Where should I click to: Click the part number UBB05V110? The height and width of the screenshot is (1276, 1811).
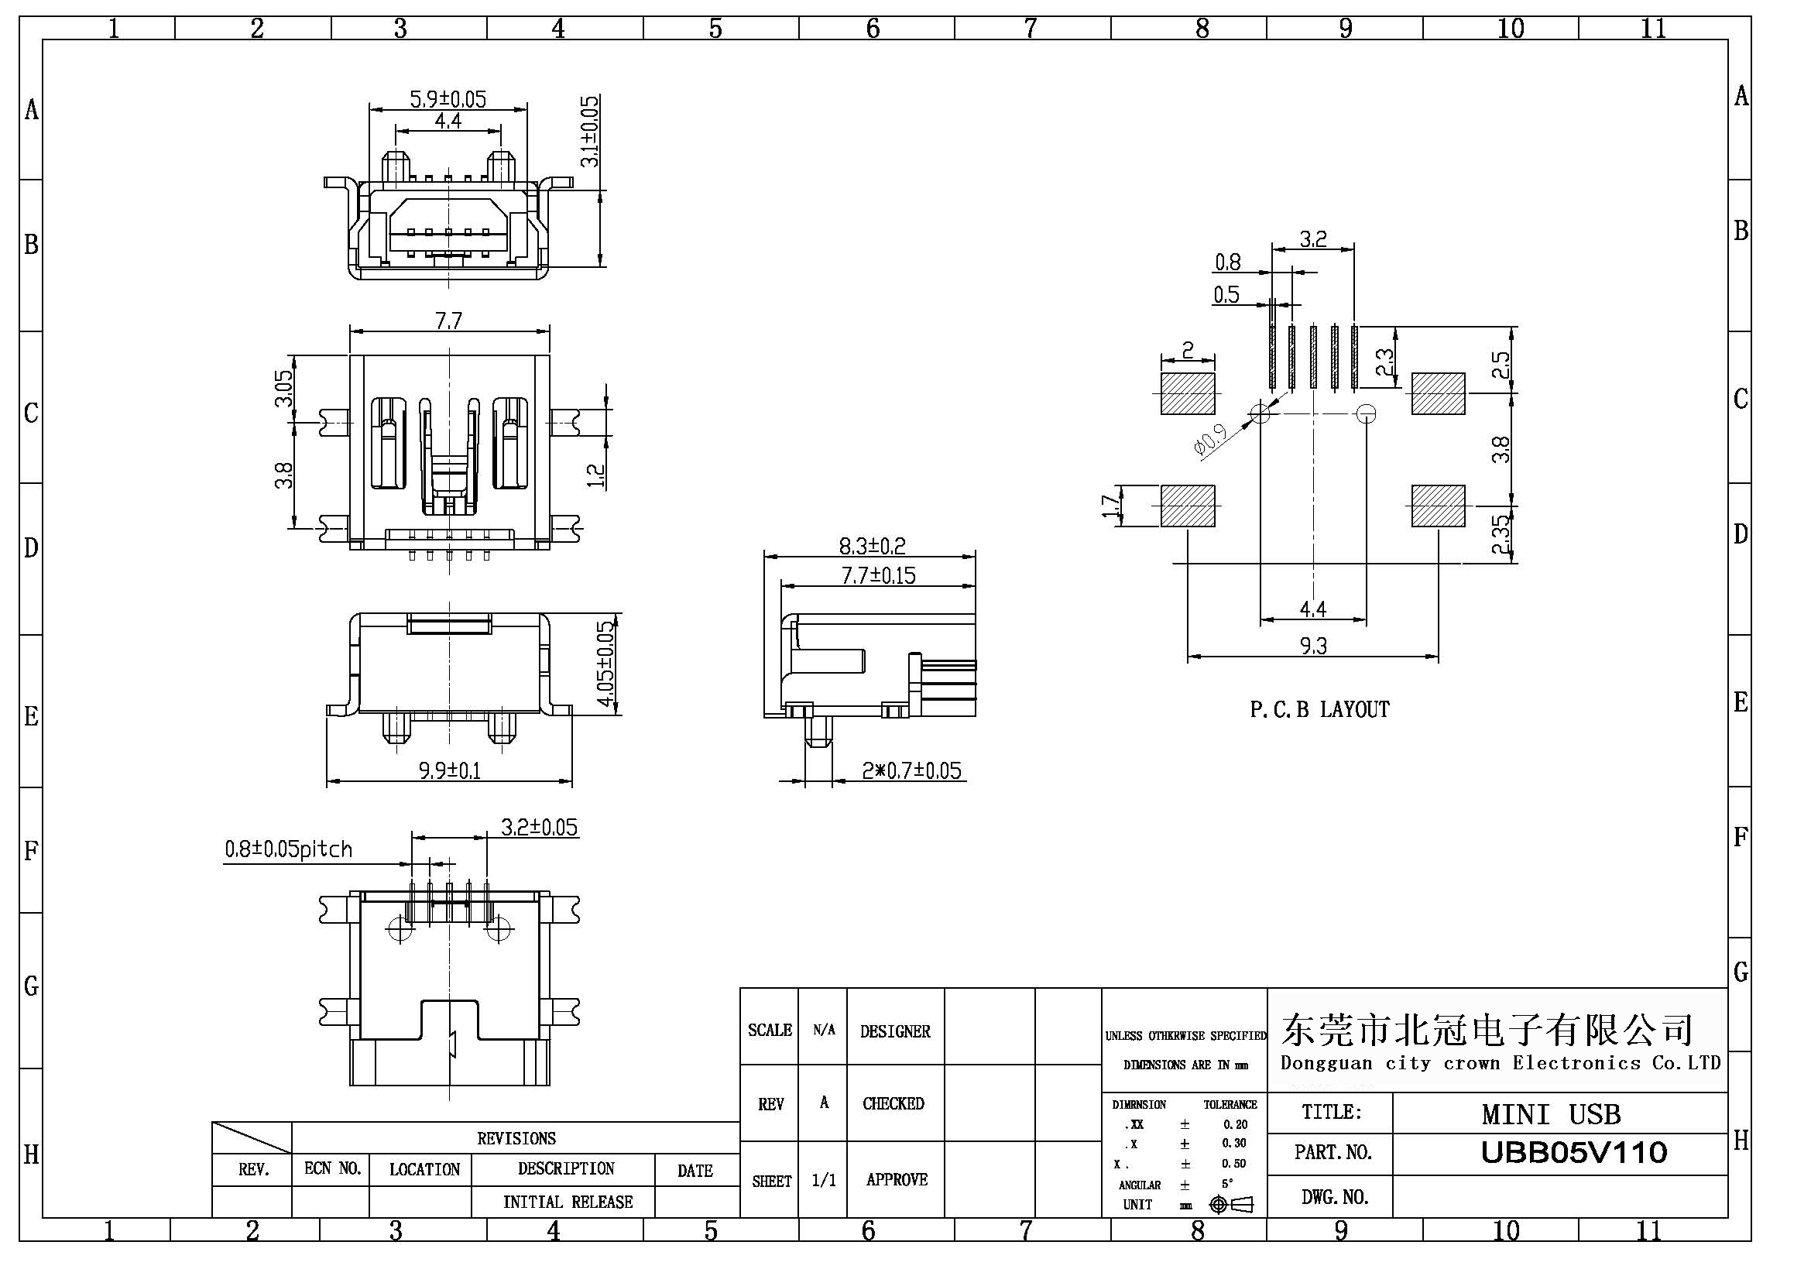[1573, 1153]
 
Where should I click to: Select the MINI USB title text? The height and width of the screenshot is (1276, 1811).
[1551, 1114]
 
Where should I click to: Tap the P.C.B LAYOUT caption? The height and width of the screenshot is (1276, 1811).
[1319, 710]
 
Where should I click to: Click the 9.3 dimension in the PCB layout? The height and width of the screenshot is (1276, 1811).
[1313, 647]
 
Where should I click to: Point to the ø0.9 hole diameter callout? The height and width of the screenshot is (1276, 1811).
[1211, 440]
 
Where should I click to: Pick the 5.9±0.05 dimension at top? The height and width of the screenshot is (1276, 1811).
[448, 99]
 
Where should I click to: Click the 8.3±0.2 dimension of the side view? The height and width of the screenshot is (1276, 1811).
[872, 546]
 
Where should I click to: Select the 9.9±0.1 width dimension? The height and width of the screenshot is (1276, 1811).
[450, 770]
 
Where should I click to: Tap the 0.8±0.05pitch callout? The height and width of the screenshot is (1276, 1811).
[289, 849]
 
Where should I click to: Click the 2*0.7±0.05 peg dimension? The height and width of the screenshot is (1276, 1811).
[911, 770]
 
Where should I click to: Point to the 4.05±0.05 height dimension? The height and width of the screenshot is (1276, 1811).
[605, 665]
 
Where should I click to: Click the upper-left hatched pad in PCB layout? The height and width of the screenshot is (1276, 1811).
[1187, 393]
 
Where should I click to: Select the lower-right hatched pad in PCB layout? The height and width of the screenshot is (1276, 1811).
[1438, 506]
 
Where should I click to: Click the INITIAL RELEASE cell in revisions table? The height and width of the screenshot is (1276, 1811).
[568, 1202]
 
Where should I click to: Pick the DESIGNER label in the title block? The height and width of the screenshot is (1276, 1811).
[895, 1031]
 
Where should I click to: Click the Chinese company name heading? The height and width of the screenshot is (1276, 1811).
[1487, 1028]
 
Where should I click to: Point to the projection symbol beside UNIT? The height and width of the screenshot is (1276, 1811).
[1230, 1204]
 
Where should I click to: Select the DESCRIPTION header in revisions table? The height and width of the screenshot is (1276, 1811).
[565, 1168]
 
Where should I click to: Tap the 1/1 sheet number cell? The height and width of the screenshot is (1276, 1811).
[824, 1180]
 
